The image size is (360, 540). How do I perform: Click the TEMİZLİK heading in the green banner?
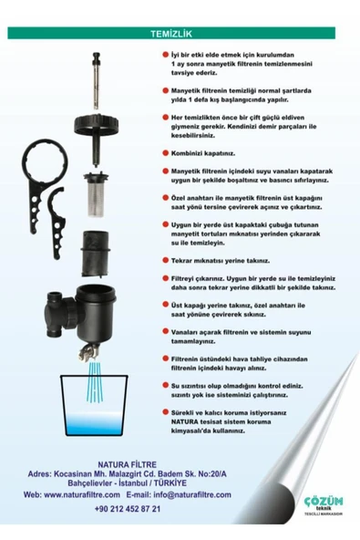pos(171,34)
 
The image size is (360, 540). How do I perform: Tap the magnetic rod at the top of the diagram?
pos(96,81)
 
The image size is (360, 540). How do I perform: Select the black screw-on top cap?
pos(96,125)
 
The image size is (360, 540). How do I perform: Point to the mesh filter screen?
pos(96,194)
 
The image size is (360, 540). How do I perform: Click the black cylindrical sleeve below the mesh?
pos(96,254)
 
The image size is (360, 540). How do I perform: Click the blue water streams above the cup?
pos(95,381)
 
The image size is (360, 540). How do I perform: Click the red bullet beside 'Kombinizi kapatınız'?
pos(165,153)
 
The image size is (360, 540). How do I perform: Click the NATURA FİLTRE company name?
pos(127,464)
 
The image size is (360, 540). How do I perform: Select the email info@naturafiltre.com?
pos(192,495)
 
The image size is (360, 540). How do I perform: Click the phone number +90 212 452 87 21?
pos(128,509)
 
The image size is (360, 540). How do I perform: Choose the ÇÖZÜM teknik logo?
pos(324,504)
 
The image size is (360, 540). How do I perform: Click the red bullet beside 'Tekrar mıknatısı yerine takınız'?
pos(165,260)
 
